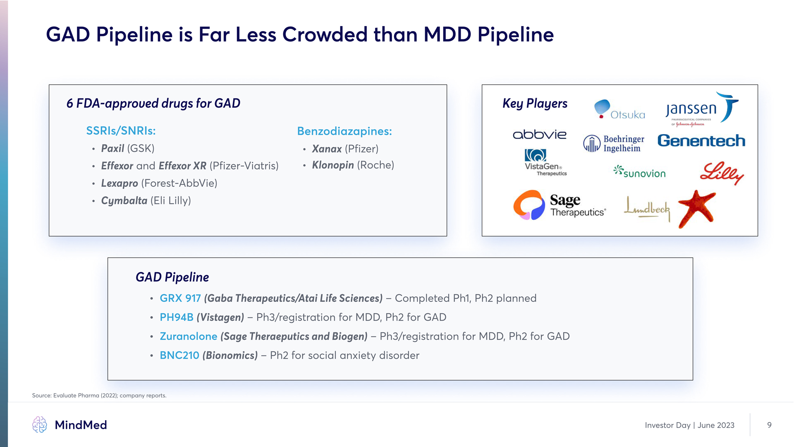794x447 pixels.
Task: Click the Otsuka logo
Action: click(619, 110)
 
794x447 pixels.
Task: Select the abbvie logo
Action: click(539, 135)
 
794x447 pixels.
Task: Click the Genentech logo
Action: click(701, 141)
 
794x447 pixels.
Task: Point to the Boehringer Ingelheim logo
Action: click(614, 144)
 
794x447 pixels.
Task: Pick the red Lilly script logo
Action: click(722, 173)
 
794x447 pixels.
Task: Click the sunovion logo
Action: click(639, 172)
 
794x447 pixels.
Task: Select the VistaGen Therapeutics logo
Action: click(545, 163)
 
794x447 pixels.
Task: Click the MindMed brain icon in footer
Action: click(40, 425)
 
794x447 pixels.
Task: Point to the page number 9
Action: click(769, 425)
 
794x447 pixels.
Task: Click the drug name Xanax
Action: click(327, 149)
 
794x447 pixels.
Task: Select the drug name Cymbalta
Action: click(124, 201)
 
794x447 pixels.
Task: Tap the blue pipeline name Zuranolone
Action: click(189, 336)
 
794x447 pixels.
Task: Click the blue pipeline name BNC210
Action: click(179, 356)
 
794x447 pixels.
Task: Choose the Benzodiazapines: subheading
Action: click(344, 131)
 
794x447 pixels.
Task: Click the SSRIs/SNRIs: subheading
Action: click(121, 131)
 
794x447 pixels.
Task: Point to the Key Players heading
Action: click(535, 103)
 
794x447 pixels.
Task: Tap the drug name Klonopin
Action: click(333, 165)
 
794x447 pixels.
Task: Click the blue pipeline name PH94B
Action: click(177, 317)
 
